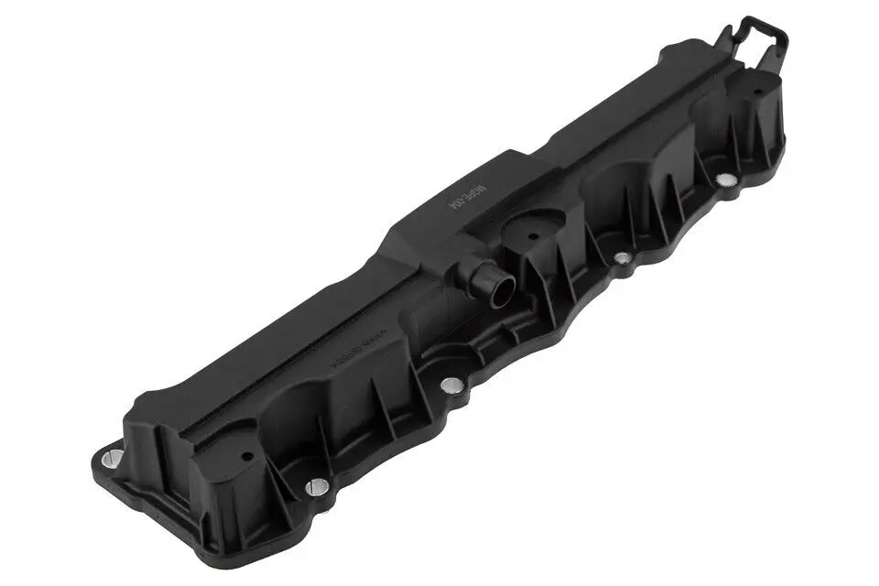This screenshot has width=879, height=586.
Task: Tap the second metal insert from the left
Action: (314, 487)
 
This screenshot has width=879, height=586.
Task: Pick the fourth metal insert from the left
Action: (622, 259)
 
